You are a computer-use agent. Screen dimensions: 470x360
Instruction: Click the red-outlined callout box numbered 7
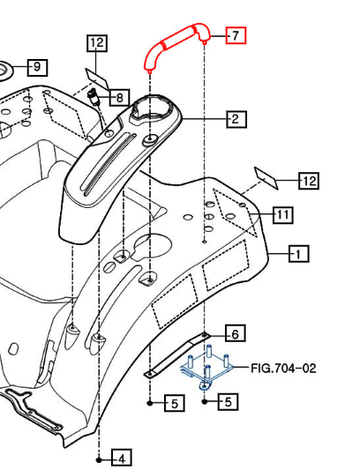(x=235, y=35)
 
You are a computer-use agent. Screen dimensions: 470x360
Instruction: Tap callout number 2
(x=235, y=118)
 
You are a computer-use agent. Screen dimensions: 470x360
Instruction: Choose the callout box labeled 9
(x=37, y=67)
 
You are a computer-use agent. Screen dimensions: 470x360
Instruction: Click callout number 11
(x=282, y=214)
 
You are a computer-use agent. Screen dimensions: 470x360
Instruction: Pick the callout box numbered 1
(x=299, y=255)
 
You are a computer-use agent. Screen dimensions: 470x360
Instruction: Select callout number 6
(x=235, y=333)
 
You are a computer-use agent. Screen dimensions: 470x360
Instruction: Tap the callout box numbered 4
(x=122, y=458)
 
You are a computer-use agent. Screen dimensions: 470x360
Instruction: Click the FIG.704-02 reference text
(x=283, y=368)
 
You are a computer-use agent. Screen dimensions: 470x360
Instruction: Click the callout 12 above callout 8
(x=97, y=42)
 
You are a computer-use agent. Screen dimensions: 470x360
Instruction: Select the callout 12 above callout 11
(x=308, y=182)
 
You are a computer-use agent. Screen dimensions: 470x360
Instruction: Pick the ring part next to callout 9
(x=4, y=70)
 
